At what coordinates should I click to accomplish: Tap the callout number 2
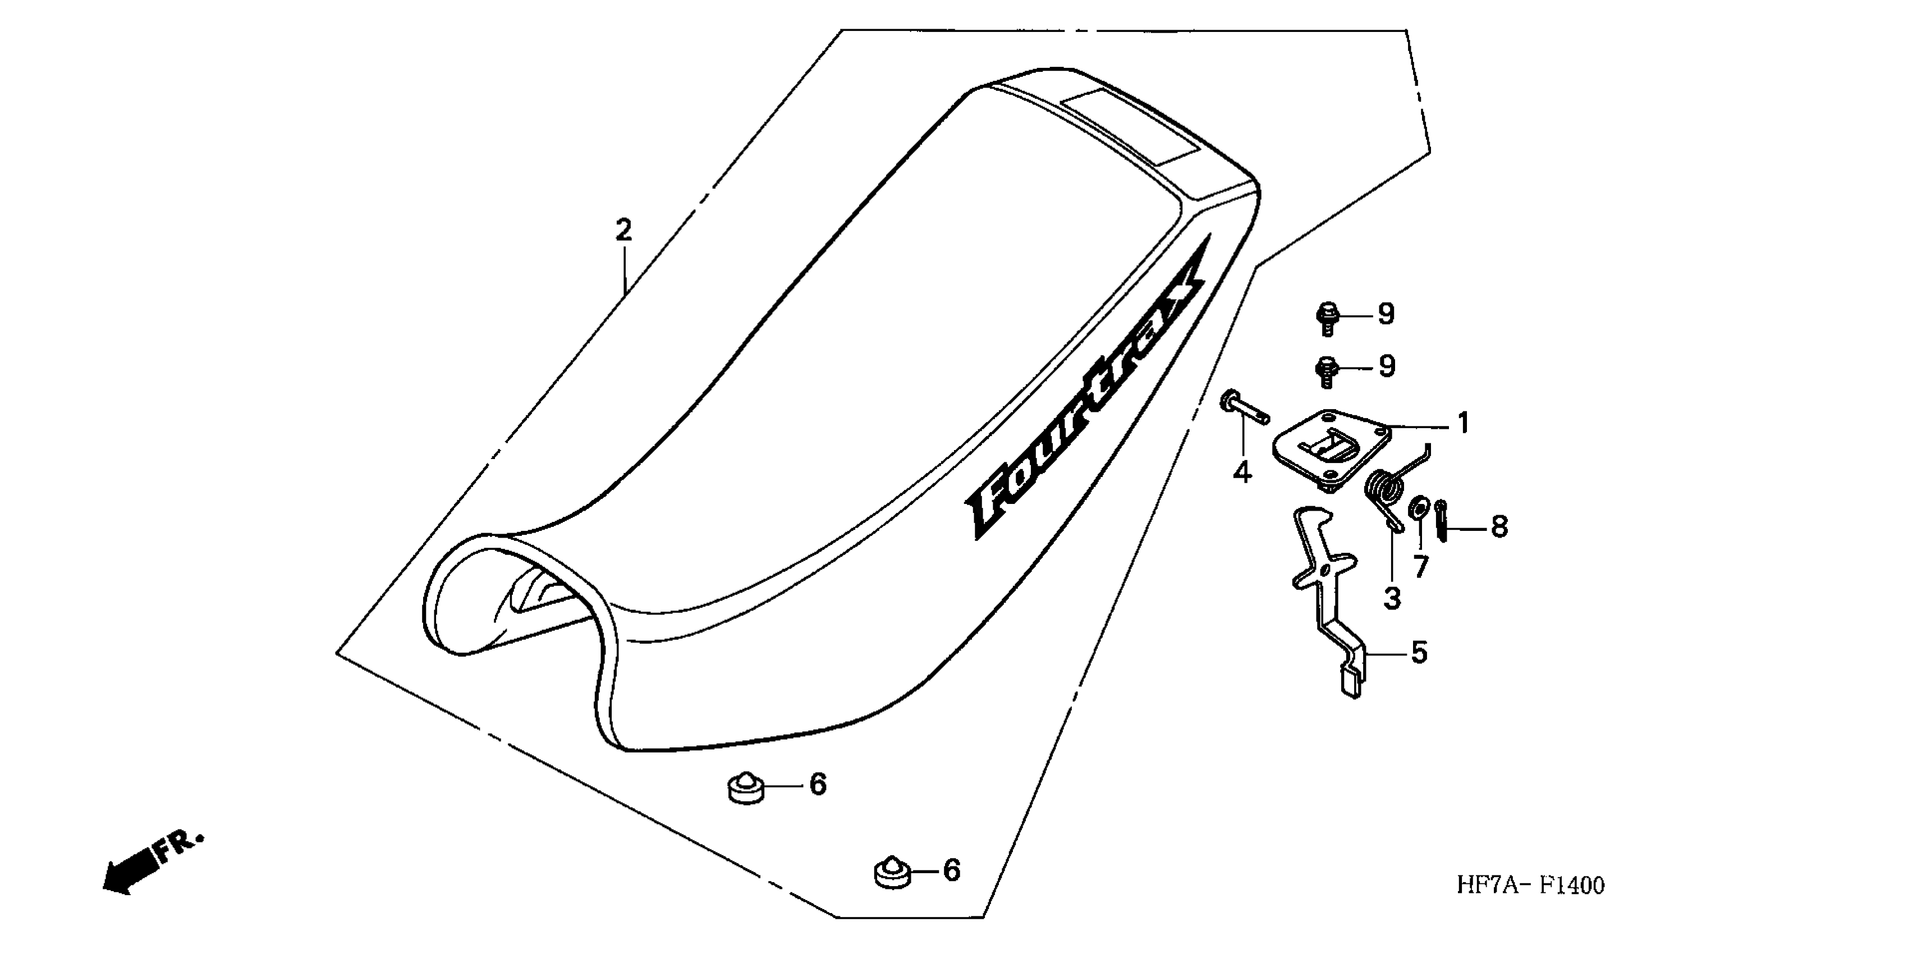tap(623, 230)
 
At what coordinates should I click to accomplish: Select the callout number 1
tap(1462, 424)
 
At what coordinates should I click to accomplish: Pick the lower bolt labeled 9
tap(1327, 372)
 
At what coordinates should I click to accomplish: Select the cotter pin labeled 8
tap(1441, 521)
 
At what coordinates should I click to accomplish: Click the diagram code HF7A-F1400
tap(1530, 885)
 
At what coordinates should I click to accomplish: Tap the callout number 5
tap(1419, 653)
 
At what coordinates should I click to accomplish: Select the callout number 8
tap(1498, 528)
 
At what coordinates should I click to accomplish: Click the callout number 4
tap(1242, 472)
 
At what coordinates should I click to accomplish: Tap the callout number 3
tap(1392, 598)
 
